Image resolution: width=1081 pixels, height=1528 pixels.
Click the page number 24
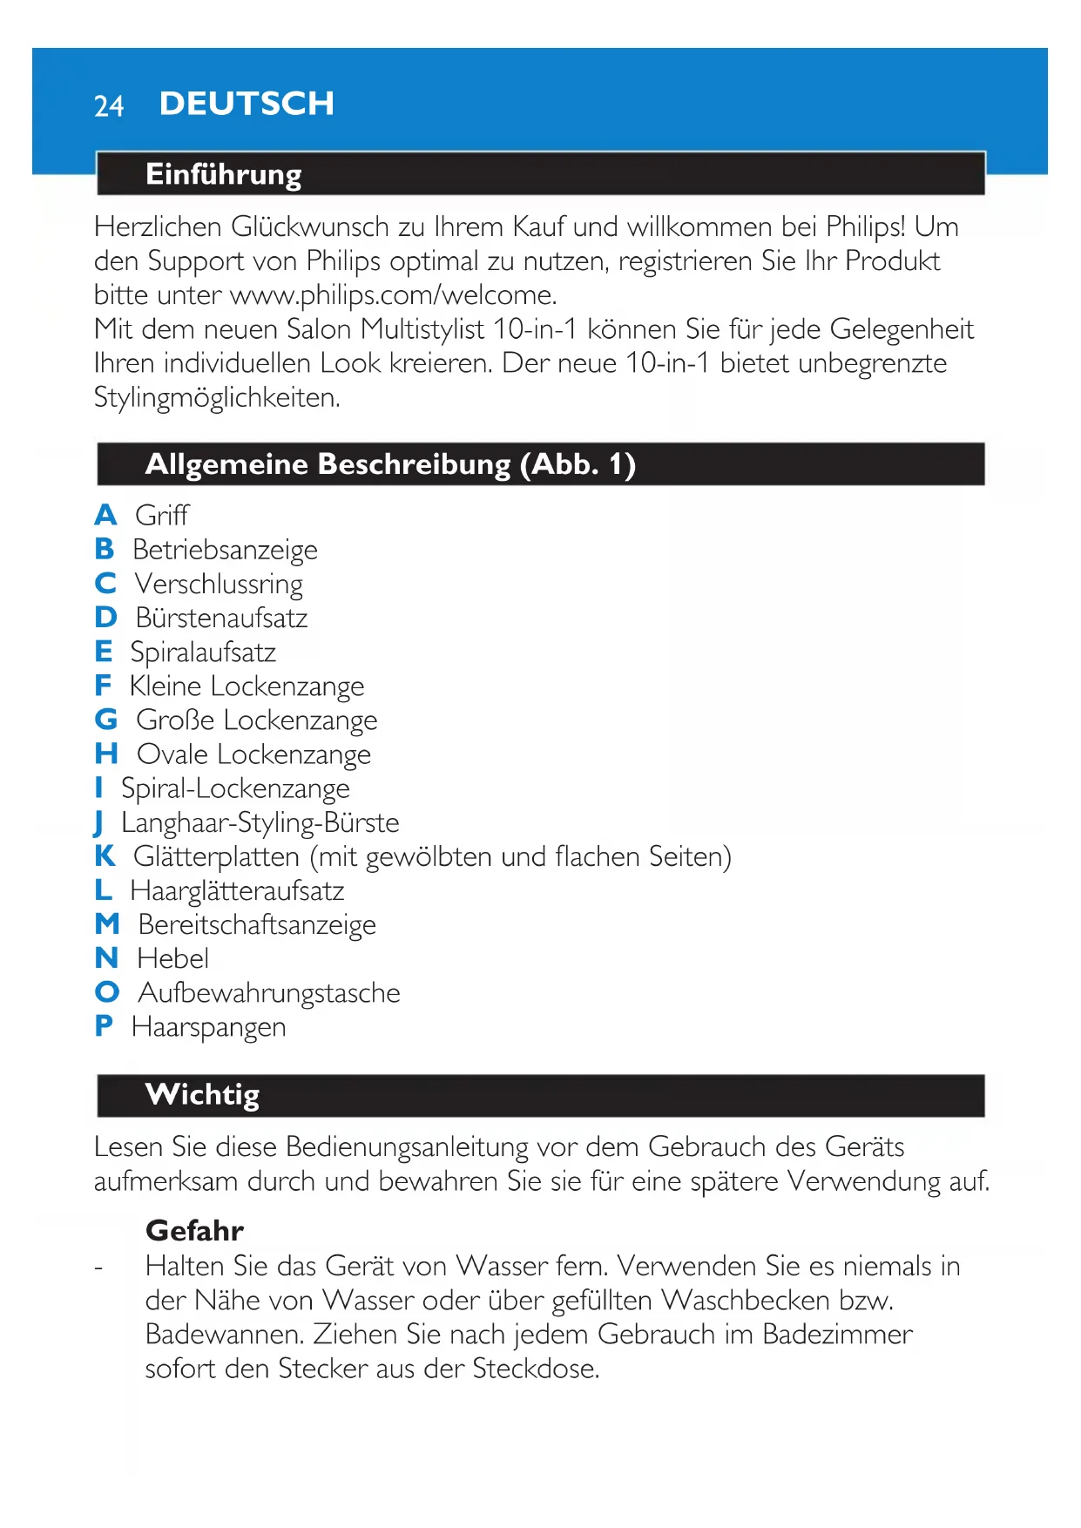click(x=109, y=106)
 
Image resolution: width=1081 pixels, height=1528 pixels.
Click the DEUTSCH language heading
click(x=247, y=104)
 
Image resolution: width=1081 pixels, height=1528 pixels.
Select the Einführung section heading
click(x=223, y=174)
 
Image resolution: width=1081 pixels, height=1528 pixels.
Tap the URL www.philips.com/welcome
click(x=393, y=295)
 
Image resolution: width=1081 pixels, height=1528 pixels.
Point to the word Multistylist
click(x=422, y=329)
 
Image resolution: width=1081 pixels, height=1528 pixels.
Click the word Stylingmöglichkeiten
click(x=217, y=398)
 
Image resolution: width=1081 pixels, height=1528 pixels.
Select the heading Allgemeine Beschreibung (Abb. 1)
click(x=390, y=464)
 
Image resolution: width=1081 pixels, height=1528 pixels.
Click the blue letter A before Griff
click(x=105, y=515)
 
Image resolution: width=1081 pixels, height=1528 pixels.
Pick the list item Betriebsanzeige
click(x=225, y=550)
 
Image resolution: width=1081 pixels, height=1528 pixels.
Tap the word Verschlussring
click(x=219, y=584)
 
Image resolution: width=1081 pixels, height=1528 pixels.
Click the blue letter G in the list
click(x=106, y=720)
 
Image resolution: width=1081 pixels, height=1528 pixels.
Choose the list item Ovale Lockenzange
click(x=253, y=754)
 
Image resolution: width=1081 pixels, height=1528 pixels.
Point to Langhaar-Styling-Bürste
click(x=260, y=822)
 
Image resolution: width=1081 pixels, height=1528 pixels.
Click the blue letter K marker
click(x=105, y=856)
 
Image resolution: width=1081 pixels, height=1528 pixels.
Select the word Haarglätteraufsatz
click(x=237, y=890)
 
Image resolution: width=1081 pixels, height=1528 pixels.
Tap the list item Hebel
click(x=172, y=958)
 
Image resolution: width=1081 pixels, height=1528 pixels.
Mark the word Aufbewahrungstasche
click(x=269, y=993)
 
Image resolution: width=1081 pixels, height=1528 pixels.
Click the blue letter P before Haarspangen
click(x=104, y=1026)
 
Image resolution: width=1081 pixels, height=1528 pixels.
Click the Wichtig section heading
click(x=202, y=1094)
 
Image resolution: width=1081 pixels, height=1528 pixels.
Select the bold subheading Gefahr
click(x=194, y=1230)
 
